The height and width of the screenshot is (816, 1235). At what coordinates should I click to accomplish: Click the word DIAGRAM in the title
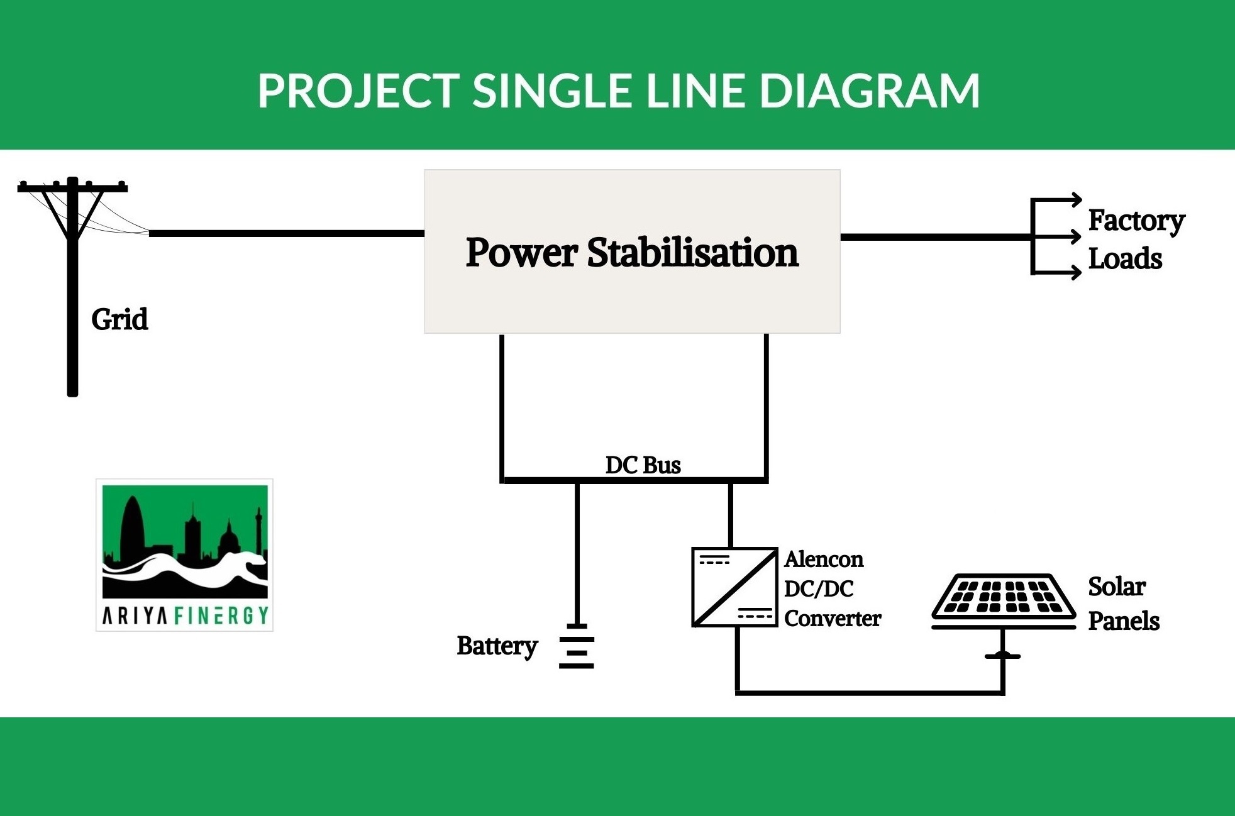[870, 91]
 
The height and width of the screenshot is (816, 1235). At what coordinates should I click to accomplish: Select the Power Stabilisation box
[632, 251]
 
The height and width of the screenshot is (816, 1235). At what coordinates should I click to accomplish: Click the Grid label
[119, 319]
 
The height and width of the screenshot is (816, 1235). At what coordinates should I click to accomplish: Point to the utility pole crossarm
[72, 187]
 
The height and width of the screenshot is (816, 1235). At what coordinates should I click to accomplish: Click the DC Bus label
[643, 465]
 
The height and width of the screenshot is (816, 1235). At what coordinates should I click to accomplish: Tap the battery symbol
[577, 647]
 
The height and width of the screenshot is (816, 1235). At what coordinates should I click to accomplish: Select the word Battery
[497, 646]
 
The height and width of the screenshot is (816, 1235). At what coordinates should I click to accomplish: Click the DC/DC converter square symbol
[734, 587]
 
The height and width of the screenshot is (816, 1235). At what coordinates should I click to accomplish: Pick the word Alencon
[823, 559]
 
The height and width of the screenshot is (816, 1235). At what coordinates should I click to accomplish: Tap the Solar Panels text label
[1123, 604]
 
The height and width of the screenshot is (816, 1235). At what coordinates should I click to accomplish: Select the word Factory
[1136, 221]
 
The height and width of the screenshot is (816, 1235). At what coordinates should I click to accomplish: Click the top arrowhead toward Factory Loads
[1076, 200]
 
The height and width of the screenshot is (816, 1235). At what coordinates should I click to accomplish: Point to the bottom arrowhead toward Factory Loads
[1076, 273]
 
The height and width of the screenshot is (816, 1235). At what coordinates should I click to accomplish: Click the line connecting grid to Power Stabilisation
[286, 233]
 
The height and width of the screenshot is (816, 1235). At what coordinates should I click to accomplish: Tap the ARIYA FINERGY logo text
[185, 615]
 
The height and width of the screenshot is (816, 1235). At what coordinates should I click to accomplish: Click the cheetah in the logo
[208, 569]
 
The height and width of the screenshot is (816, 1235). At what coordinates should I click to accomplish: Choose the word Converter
[832, 619]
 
